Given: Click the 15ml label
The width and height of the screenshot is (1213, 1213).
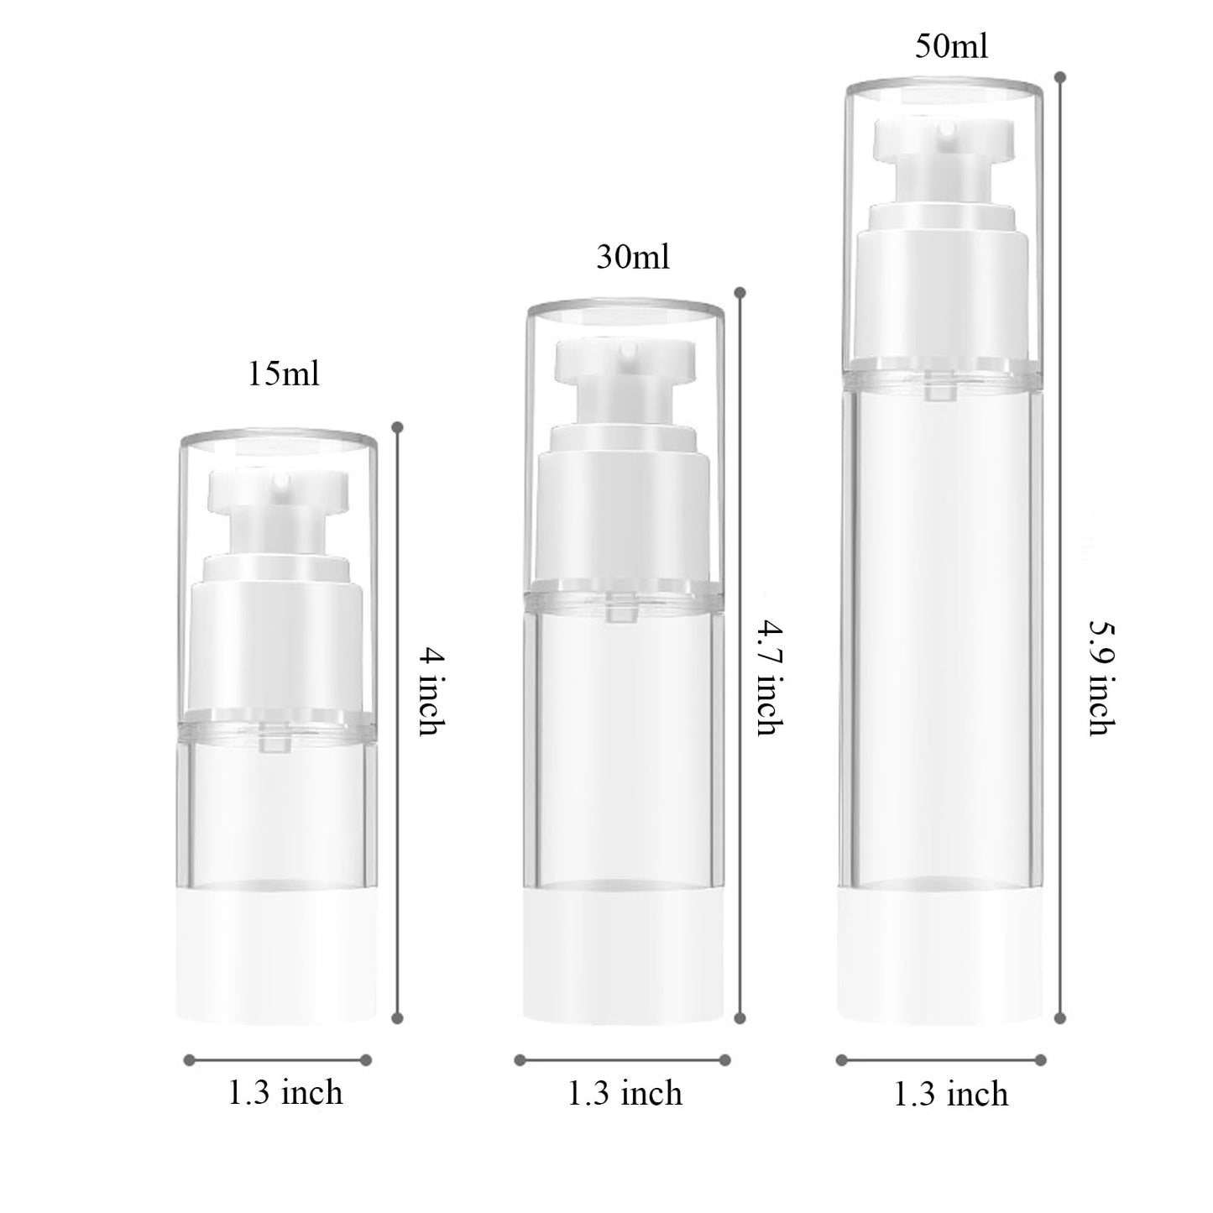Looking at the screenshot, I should click(284, 374).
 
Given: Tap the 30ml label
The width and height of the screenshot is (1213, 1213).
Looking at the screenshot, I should click(633, 257).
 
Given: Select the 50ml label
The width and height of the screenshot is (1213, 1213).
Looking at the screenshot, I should click(951, 46).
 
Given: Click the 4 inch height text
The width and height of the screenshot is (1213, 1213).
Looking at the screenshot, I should click(430, 690).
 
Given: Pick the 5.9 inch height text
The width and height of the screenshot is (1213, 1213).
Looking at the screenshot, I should click(1101, 678).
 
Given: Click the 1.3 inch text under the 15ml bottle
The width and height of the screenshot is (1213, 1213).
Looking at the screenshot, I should click(285, 1093).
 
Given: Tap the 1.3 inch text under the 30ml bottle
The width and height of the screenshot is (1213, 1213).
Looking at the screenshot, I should click(625, 1093).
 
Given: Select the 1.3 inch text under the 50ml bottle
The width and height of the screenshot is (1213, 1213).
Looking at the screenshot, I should click(950, 1094).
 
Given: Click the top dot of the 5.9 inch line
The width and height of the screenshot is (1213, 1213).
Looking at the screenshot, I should click(1060, 77).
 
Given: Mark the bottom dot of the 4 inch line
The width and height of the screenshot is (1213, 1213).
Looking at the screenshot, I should click(398, 1018).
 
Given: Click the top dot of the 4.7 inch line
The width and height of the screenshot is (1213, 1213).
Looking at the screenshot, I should click(740, 293).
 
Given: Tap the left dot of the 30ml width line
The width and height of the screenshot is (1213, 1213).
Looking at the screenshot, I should click(520, 1060).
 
